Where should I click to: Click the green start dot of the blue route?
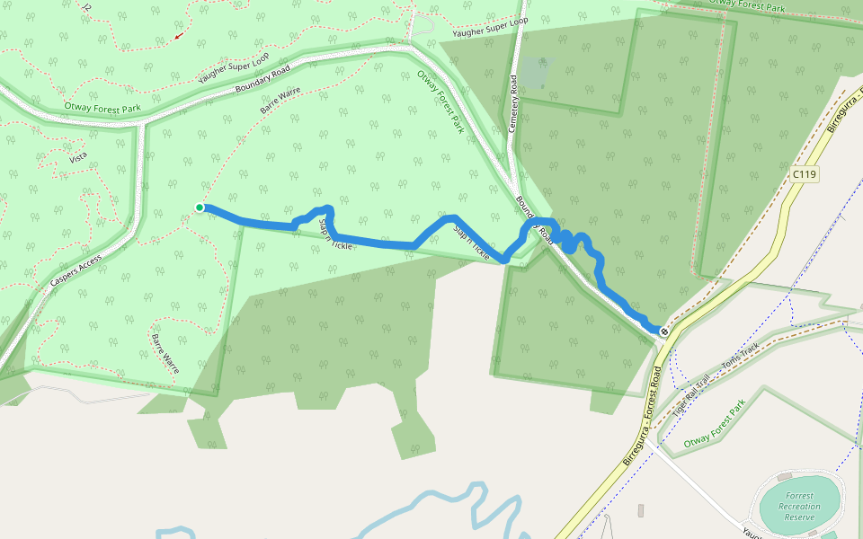(200, 208)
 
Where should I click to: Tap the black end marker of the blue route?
(663, 332)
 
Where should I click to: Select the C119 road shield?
(805, 173)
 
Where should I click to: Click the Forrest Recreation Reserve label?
(798, 507)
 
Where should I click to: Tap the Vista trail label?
(78, 158)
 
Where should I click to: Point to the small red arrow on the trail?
(179, 36)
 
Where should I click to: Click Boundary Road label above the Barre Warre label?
(262, 79)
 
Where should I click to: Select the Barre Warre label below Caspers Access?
(165, 354)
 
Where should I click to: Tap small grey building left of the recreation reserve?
(641, 510)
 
